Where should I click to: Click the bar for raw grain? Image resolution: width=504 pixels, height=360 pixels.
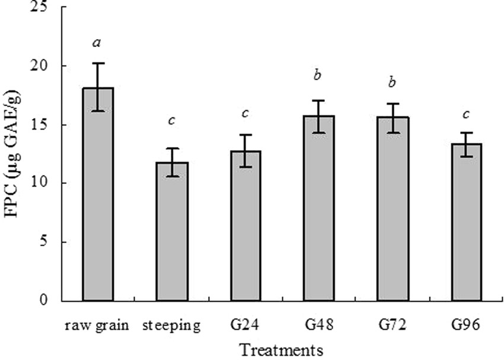tap(98, 196)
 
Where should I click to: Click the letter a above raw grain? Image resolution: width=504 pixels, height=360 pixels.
tap(98, 43)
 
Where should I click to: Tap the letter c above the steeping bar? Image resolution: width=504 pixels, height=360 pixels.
tap(172, 121)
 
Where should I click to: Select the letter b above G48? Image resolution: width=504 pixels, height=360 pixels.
tap(319, 75)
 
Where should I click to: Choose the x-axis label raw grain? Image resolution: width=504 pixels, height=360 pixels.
tap(98, 325)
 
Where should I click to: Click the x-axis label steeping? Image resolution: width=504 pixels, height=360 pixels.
tap(172, 325)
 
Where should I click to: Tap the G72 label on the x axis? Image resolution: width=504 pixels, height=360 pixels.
tap(393, 324)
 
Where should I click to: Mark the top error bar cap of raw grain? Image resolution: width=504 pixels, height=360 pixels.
tap(98, 63)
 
